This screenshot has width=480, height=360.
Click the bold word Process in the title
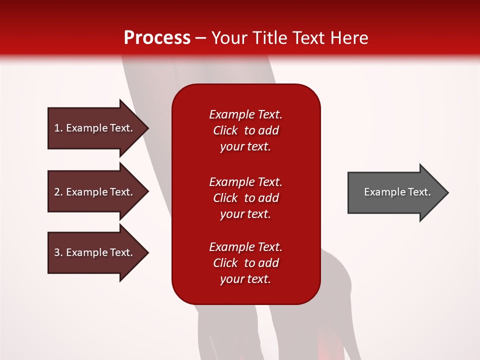click(157, 38)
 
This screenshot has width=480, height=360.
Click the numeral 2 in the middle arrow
click(57, 192)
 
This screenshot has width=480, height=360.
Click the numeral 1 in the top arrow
click(57, 128)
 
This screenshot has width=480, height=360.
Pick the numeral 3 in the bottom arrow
click(57, 252)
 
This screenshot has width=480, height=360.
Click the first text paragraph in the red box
click(245, 130)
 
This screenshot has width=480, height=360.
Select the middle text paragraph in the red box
click(245, 198)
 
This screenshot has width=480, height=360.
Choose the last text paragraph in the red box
click(245, 263)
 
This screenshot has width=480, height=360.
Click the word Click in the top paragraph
click(225, 130)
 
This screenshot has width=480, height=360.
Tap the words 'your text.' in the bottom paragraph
click(245, 279)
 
